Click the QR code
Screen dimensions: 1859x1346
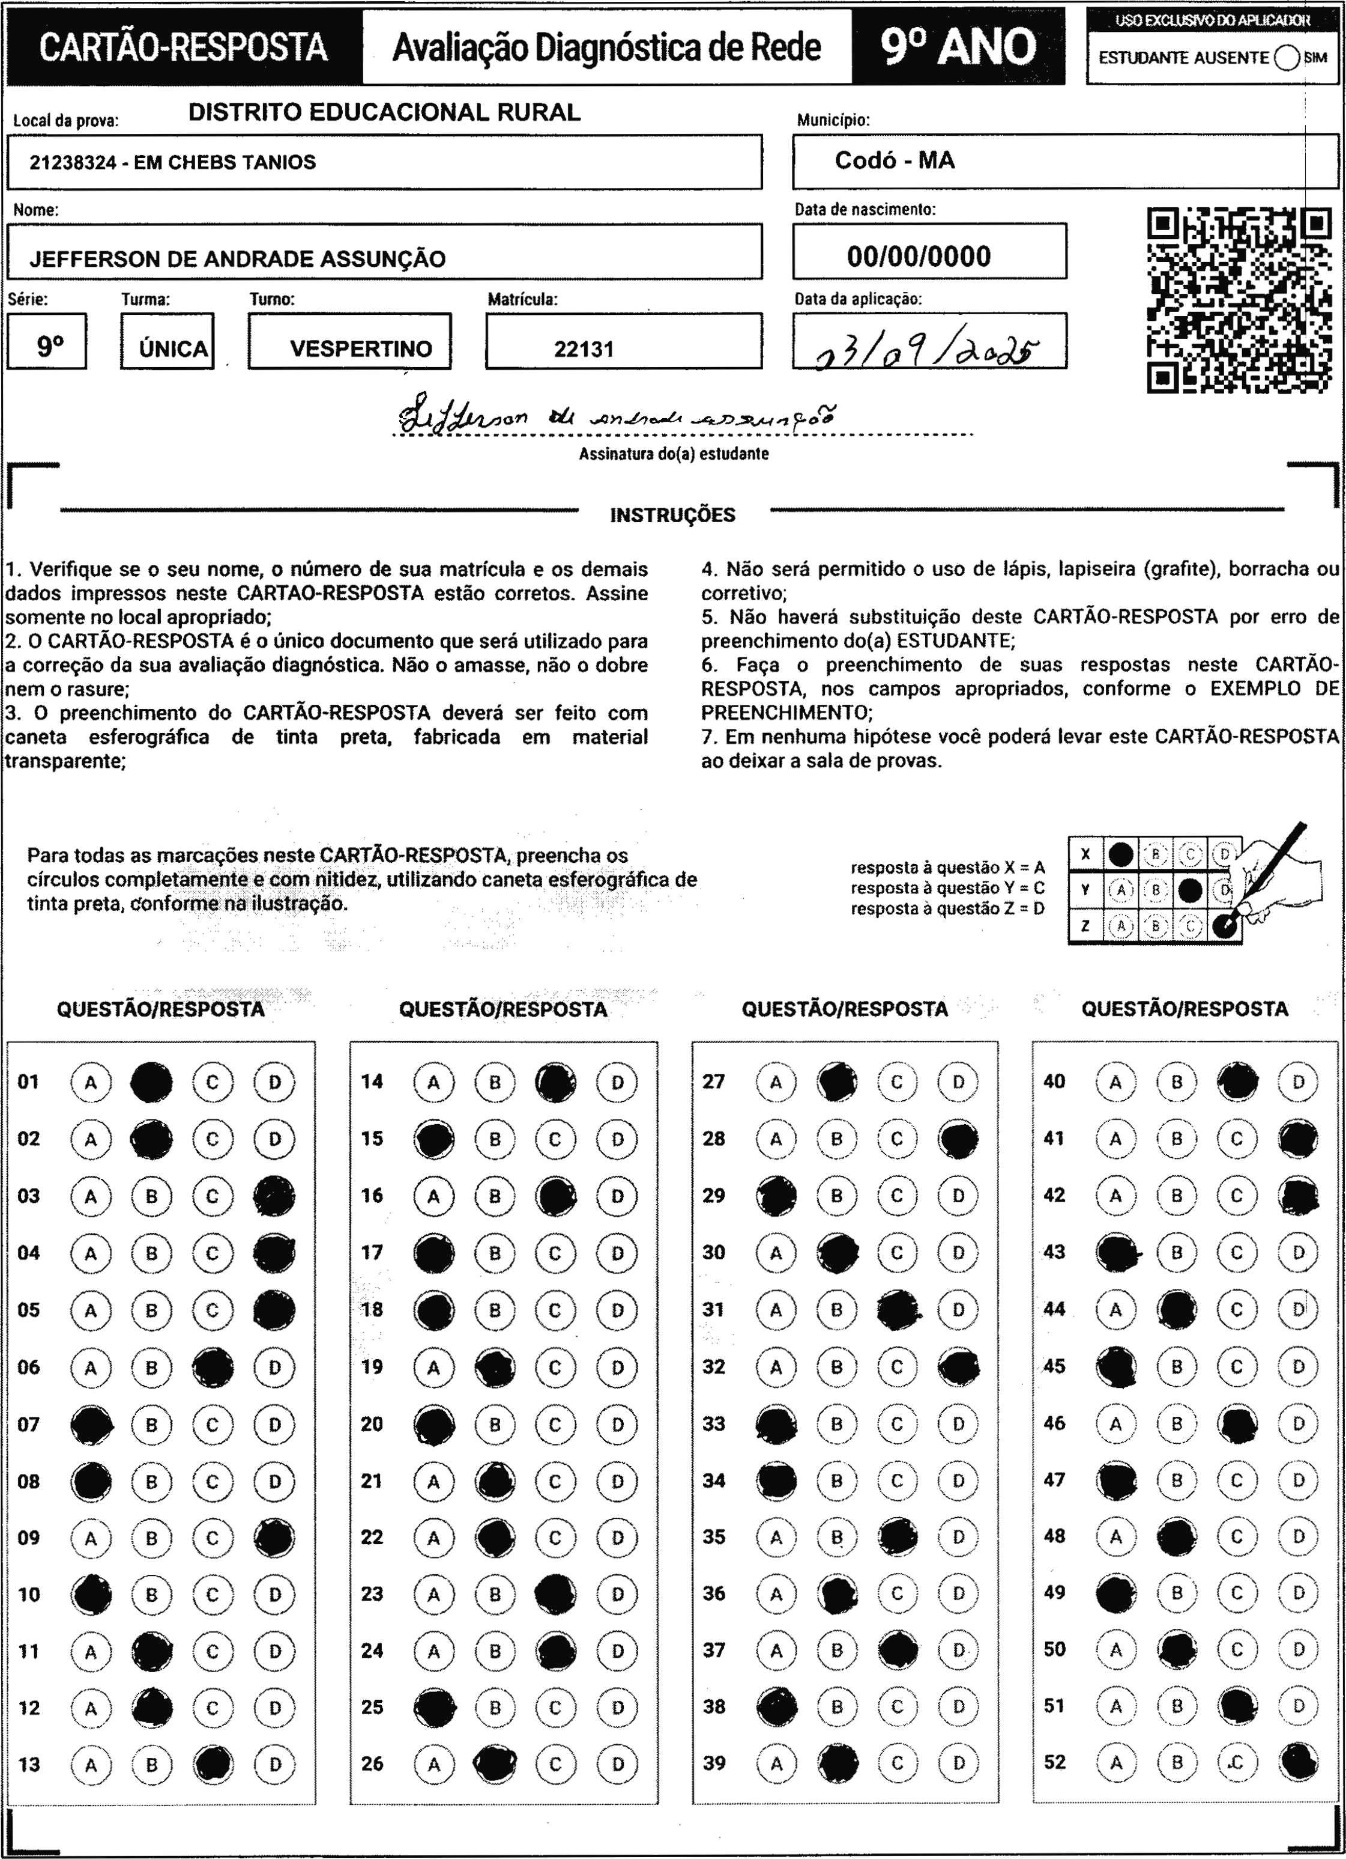click(1238, 300)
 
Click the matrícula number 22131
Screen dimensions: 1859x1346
click(584, 349)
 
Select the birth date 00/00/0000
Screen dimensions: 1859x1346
click(919, 257)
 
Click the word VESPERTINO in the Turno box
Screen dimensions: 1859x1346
click(360, 349)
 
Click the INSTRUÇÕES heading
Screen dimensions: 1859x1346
click(672, 516)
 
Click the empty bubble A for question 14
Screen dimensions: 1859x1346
click(433, 1082)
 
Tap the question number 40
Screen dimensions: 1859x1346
click(1054, 1081)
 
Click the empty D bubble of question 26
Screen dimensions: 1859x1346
click(617, 1764)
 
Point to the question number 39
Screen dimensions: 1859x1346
click(714, 1763)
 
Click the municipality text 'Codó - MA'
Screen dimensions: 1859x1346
click(895, 160)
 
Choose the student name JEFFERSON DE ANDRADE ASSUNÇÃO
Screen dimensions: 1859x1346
click(238, 259)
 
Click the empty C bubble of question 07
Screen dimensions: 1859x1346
click(212, 1425)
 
